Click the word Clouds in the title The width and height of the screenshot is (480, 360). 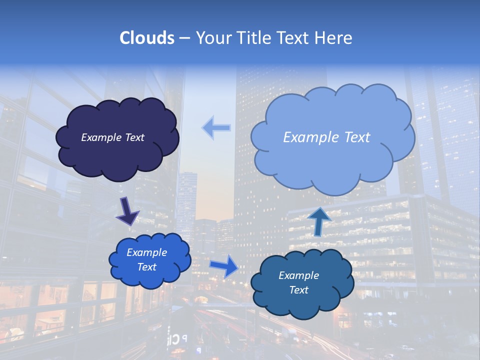[x=146, y=38]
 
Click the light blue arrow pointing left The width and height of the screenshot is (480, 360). [x=216, y=128]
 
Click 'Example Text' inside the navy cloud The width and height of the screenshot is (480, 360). [x=112, y=137]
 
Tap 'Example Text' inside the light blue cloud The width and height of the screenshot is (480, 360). [x=326, y=137]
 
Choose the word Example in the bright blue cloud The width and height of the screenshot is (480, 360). [x=146, y=252]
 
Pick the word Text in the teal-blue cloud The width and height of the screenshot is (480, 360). [x=298, y=290]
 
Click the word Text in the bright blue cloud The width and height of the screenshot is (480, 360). [x=146, y=267]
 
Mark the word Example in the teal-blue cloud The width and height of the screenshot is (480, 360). [x=298, y=275]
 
